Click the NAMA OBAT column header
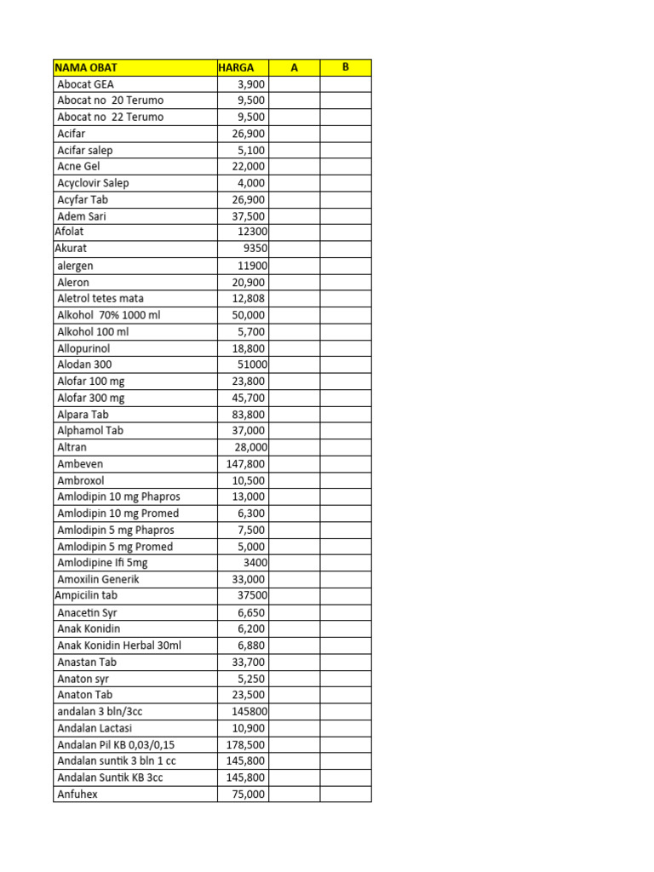click(86, 67)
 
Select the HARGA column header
click(236, 67)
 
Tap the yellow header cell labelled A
click(294, 67)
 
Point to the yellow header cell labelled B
click(346, 67)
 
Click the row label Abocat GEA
click(85, 84)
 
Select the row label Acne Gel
click(78, 166)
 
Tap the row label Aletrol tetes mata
click(100, 298)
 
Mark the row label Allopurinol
click(83, 348)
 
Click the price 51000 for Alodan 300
click(252, 364)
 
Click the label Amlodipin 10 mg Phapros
click(118, 496)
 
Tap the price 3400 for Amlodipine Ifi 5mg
click(255, 563)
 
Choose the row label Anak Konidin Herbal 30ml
click(119, 645)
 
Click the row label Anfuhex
click(77, 794)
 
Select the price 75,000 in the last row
click(249, 794)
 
